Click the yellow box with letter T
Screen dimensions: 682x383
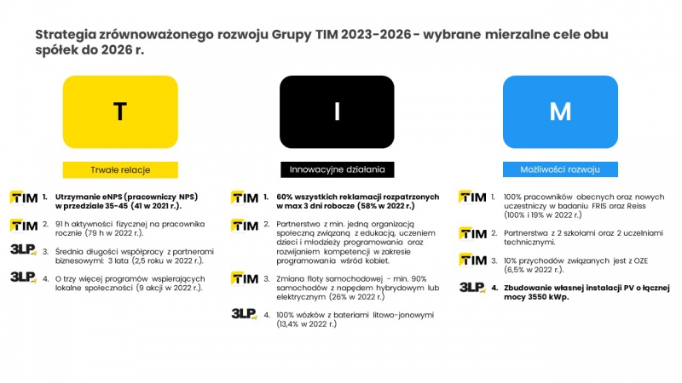[x=120, y=112]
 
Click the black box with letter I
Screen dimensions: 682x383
[x=337, y=112]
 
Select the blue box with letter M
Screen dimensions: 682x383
[x=560, y=112]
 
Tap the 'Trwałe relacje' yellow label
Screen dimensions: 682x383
[x=120, y=169]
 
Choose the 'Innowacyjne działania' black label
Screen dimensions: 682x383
[x=337, y=169]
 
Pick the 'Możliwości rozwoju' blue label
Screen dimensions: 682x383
[x=560, y=169]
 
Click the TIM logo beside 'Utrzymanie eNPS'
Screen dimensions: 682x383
[x=24, y=197]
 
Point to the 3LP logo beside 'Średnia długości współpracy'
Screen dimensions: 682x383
[x=23, y=249]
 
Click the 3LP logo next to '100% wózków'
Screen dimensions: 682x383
[x=244, y=313]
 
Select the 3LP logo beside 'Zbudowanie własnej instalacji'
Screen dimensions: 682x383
[x=472, y=287]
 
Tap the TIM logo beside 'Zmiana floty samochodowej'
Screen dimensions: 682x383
[x=245, y=278]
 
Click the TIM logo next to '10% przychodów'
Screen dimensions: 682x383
[x=472, y=260]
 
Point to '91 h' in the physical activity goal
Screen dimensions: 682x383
[x=62, y=224]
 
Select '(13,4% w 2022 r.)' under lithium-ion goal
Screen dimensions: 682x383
[x=307, y=324]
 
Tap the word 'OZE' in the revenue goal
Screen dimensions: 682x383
[x=639, y=260]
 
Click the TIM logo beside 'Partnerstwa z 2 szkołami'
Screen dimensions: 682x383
[x=472, y=233]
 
